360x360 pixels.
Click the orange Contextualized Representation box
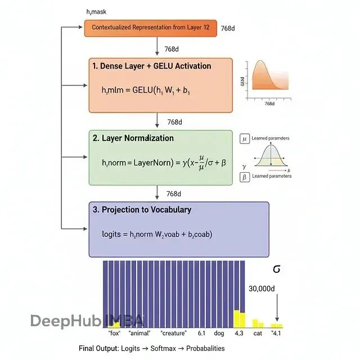[x=150, y=28]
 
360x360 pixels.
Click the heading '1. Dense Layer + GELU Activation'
[x=151, y=66]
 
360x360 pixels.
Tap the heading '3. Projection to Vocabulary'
[x=142, y=210]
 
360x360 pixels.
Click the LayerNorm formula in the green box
[x=164, y=162]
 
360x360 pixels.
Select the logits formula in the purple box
[x=157, y=233]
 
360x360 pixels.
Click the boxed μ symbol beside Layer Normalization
[x=244, y=138]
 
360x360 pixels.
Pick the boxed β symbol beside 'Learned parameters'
[x=244, y=177]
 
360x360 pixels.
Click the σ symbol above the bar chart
[x=276, y=269]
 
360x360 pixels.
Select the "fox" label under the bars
[x=115, y=333]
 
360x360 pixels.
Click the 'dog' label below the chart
[x=219, y=333]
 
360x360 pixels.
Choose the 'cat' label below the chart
[x=257, y=333]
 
